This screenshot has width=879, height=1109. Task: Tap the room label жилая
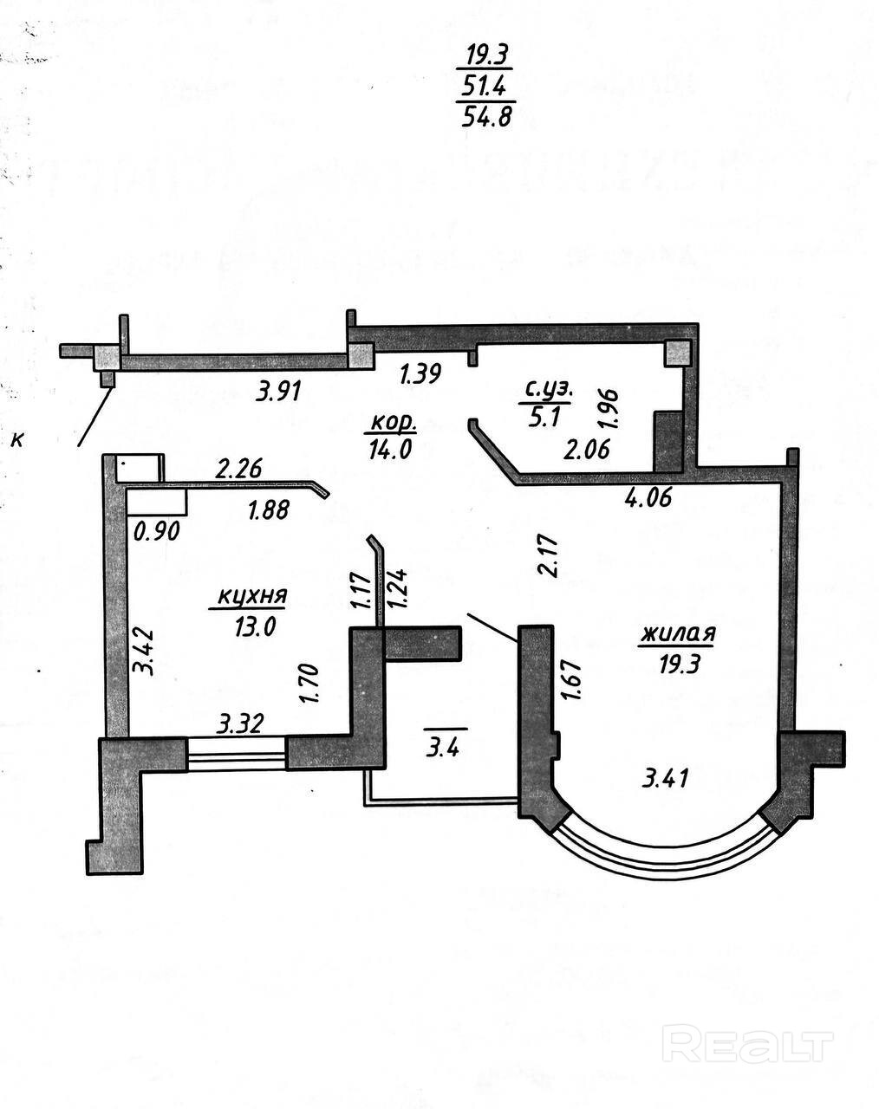677,633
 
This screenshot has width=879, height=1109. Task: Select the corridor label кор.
394,424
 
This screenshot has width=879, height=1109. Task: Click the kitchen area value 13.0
254,626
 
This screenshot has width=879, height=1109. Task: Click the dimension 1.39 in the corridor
420,374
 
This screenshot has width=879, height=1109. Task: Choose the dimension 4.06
649,497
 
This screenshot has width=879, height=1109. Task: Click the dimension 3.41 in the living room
666,778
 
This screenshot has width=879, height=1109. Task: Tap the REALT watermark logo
746,1043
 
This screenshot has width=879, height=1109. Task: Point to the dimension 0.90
157,529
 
